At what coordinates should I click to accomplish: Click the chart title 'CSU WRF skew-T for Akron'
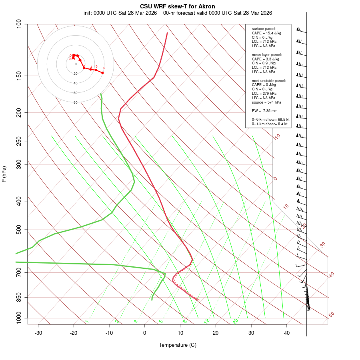[x=178, y=6]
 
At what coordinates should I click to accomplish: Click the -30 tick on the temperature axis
[x=38, y=333]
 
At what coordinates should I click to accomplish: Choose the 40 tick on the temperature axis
[x=287, y=333]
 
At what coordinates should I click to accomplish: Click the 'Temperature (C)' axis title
[x=178, y=345]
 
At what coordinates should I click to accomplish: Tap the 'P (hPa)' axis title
[x=4, y=174]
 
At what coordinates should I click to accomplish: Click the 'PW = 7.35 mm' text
[x=264, y=110]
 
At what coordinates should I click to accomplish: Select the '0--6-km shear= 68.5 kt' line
[x=270, y=120]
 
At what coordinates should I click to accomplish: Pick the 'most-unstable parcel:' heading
[x=269, y=80]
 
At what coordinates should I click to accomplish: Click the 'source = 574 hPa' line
[x=266, y=102]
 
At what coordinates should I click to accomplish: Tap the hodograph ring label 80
[x=76, y=102]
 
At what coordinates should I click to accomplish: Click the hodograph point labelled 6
[x=102, y=72]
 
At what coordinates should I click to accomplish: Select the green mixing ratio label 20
[x=236, y=321]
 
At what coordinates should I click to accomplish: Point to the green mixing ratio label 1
[x=87, y=322]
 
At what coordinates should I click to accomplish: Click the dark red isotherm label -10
[x=277, y=137]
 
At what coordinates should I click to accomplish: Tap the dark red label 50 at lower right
[x=331, y=315]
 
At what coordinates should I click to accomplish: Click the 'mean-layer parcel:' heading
[x=267, y=54]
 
